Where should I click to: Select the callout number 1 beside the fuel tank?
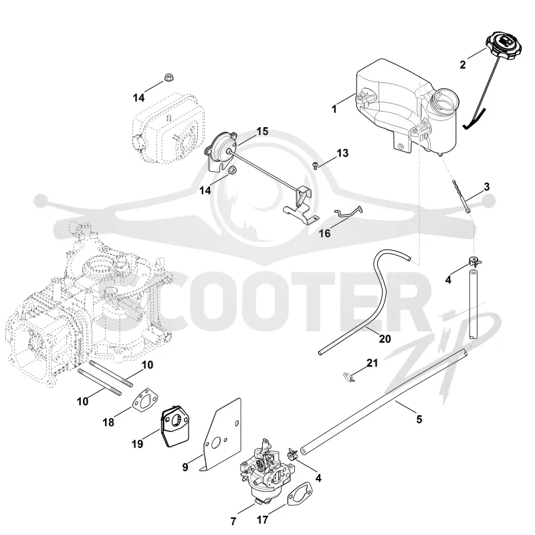coord(334,109)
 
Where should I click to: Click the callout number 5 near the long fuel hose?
coord(419,419)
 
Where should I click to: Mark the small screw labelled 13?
coord(315,165)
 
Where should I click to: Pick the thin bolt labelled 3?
coord(462,197)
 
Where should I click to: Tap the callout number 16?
coord(325,233)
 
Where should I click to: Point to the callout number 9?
coord(185,467)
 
